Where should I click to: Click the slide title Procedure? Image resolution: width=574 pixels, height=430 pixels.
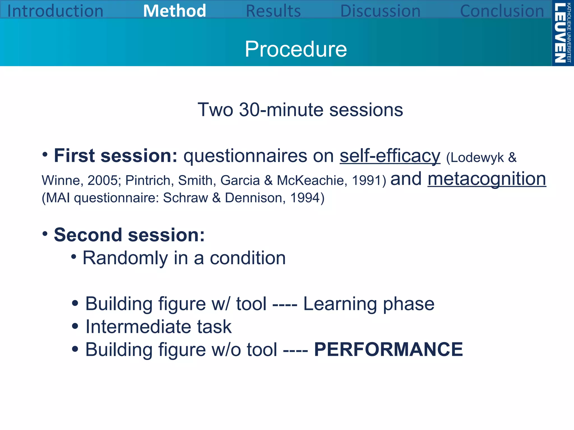[296, 49]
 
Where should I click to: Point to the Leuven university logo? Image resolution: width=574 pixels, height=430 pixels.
[562, 33]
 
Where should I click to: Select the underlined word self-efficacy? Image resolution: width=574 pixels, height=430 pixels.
[390, 156]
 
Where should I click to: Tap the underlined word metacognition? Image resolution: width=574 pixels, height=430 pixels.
[487, 179]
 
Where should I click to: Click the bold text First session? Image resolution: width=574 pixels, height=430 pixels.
[115, 156]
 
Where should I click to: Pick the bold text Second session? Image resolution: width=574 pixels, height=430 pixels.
[129, 235]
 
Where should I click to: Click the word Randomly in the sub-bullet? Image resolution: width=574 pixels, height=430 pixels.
[125, 258]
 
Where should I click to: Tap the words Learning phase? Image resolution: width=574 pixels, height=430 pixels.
[369, 304]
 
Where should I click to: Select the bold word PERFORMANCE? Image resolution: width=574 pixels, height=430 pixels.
[388, 350]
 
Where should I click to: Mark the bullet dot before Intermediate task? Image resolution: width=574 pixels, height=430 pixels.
[75, 326]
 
